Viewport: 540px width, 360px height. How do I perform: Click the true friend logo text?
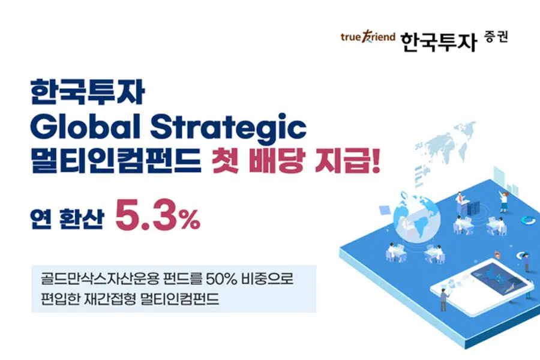(368, 37)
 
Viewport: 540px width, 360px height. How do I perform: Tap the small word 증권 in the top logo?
(496, 37)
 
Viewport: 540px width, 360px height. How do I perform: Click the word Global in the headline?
(87, 127)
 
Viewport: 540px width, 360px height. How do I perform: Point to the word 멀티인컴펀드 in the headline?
(116, 161)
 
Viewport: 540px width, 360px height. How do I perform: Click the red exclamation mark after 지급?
(376, 161)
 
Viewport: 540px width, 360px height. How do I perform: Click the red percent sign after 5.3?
(190, 220)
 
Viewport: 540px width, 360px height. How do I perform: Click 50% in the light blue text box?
(221, 278)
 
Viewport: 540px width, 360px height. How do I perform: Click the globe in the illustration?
(417, 217)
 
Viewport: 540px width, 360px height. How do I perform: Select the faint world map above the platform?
(444, 145)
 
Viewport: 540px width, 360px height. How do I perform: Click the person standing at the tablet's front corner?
(443, 301)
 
